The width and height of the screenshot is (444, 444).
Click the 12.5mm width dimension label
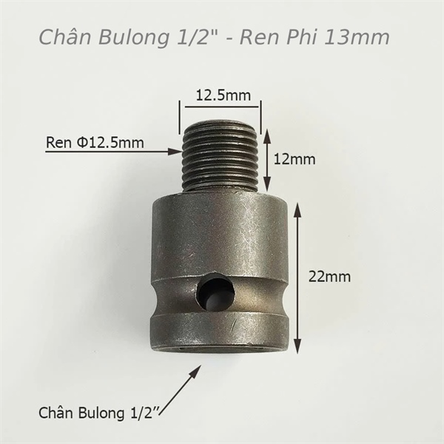click(x=223, y=95)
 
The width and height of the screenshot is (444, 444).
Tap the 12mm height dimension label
click(x=295, y=159)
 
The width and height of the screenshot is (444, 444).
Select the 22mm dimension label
click(x=329, y=277)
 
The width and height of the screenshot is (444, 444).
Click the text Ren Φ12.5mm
click(x=95, y=142)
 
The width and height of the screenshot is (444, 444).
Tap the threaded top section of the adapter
click(x=221, y=155)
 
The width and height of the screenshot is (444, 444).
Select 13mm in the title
click(x=357, y=37)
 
